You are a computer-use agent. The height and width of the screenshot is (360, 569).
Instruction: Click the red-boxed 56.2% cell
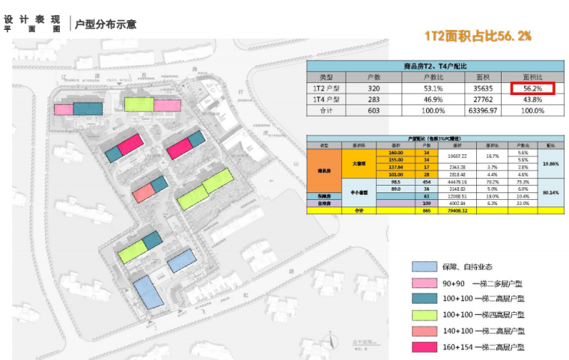pos(532,88)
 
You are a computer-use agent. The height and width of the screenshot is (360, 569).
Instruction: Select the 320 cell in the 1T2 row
pos(373,88)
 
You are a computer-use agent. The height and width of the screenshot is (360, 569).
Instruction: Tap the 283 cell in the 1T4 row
pos(373,99)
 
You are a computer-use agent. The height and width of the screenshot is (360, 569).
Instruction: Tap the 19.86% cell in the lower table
pos(550,163)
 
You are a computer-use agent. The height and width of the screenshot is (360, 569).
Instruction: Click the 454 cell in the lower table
pos(427,182)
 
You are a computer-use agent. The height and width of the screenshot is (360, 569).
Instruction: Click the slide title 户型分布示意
pos(106,24)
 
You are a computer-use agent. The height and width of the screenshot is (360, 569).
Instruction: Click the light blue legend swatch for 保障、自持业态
pos(424,266)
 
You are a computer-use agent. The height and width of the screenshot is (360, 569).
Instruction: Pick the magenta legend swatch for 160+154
pos(424,347)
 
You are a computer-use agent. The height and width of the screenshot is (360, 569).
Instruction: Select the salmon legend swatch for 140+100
pos(424,331)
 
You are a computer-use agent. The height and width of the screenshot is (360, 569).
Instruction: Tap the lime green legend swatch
pos(424,315)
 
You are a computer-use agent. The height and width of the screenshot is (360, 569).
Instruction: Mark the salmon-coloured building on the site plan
pos(142,192)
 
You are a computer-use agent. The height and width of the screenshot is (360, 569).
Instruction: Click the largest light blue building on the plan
pos(148,292)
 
